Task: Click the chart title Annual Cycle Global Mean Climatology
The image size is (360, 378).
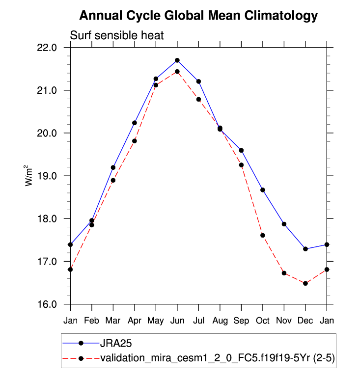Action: click(x=198, y=16)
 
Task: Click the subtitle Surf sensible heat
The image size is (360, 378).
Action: click(x=116, y=35)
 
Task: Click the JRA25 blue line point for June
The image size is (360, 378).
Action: click(x=177, y=60)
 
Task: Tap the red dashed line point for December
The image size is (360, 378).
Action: click(x=305, y=283)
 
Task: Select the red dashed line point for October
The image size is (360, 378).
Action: click(x=263, y=235)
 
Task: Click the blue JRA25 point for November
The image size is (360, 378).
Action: click(x=284, y=224)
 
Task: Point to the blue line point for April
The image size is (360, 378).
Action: click(x=135, y=123)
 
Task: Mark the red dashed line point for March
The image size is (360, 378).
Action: click(x=113, y=180)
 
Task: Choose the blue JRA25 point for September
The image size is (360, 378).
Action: click(x=241, y=150)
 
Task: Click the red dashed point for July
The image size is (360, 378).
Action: click(x=198, y=99)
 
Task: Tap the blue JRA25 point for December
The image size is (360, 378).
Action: click(x=305, y=249)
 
